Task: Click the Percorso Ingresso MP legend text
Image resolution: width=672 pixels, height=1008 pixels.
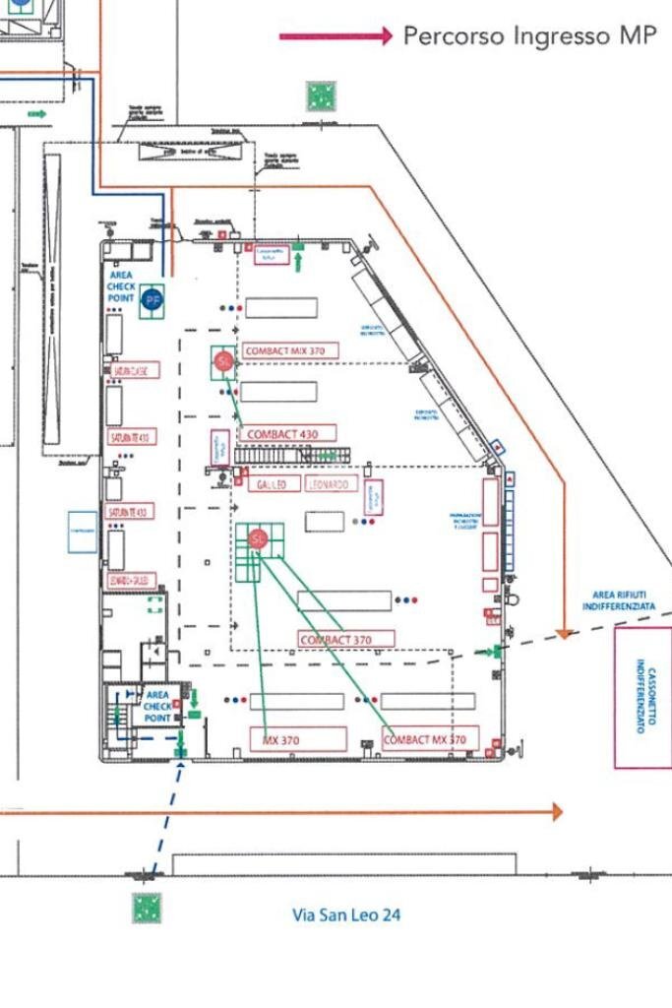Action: pos(529,36)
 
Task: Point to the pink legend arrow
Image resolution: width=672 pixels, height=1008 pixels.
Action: pos(336,36)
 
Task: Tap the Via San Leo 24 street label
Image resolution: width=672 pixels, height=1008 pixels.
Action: pos(346,914)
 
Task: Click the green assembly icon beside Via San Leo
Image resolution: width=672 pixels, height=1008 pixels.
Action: pos(148,908)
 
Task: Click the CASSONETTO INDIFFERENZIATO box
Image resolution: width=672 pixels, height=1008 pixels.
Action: pos(643,696)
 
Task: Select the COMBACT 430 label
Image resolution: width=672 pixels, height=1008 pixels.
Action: pos(286,433)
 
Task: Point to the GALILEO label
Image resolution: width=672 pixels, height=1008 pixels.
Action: pos(270,485)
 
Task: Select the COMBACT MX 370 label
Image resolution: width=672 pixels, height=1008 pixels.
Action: pos(430,739)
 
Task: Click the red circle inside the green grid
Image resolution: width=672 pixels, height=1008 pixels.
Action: pos(258,538)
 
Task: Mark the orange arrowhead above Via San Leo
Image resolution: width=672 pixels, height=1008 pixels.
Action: pos(557,811)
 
